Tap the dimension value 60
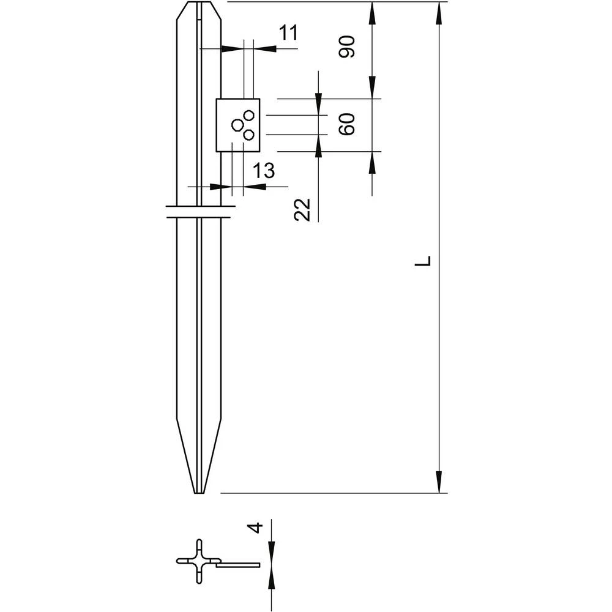point(347,125)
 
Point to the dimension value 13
point(264,171)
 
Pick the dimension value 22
point(303,210)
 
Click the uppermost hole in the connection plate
point(248,114)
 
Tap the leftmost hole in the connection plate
point(237,125)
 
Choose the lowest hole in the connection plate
point(248,135)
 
